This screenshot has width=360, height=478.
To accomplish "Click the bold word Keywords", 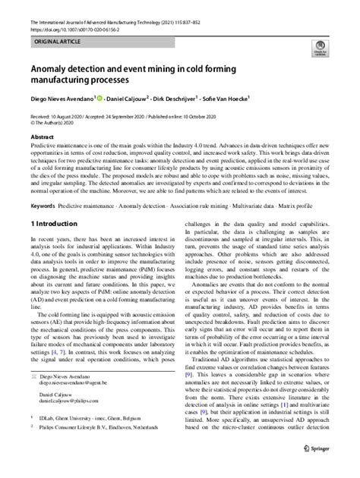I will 43,206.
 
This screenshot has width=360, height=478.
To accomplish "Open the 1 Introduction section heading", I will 53,225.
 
